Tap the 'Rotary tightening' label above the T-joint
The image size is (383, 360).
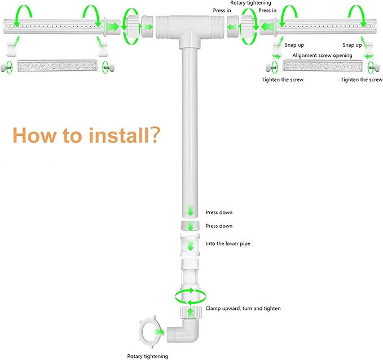[x=250, y=3]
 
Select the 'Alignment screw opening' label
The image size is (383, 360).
[x=322, y=55]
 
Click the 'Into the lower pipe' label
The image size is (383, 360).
[x=228, y=243]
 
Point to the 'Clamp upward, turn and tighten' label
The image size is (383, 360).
[x=243, y=308]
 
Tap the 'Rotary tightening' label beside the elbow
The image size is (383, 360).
[x=148, y=356]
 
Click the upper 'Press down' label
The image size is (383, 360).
[x=219, y=212]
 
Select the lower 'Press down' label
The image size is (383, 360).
[x=219, y=226]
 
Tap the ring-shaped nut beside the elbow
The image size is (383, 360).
[x=149, y=332]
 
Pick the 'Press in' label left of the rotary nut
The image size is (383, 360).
[x=222, y=11]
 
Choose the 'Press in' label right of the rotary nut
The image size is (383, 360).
[x=267, y=11]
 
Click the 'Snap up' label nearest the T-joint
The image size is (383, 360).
[x=294, y=45]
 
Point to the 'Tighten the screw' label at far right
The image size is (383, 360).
[x=362, y=79]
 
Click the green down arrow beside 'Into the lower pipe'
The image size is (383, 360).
[x=190, y=245]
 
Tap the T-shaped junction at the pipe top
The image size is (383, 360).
[x=191, y=30]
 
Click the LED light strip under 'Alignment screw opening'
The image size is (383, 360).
[x=322, y=66]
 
